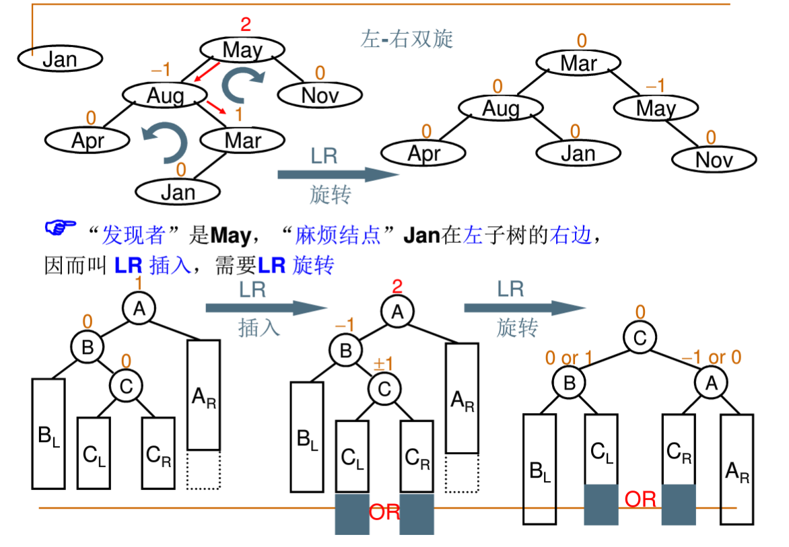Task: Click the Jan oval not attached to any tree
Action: tap(59, 59)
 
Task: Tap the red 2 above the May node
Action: tap(245, 25)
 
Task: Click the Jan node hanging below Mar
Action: tap(178, 192)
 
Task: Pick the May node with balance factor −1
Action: tap(655, 108)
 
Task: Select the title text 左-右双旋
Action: tap(407, 39)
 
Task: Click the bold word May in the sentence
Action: tap(230, 235)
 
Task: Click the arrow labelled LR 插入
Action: tap(261, 308)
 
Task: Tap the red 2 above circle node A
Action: tap(397, 287)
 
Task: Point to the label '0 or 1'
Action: tap(570, 358)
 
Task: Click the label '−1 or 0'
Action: tap(712, 358)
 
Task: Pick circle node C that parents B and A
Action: tap(639, 338)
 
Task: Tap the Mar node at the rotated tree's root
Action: tap(578, 63)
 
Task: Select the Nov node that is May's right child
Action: tap(714, 159)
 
